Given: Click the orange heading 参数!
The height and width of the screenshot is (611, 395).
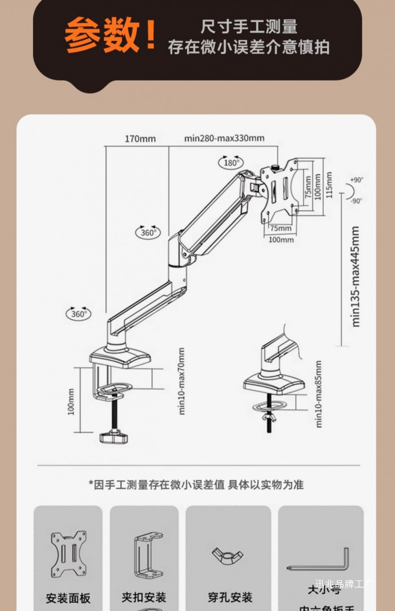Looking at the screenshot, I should [110, 35].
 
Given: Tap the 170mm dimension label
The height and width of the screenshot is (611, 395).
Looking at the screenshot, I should [140, 139].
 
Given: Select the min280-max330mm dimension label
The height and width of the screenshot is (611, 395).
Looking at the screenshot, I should [224, 138].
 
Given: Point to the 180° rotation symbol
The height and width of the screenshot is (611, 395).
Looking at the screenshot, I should [231, 162].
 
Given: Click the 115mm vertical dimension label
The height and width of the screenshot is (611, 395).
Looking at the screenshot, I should [329, 185].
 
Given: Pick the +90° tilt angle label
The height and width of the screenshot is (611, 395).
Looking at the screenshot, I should [357, 180].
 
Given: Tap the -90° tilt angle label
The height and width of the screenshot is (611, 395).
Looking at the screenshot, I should [357, 200].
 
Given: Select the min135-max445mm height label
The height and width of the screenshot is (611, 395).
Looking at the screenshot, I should [355, 277].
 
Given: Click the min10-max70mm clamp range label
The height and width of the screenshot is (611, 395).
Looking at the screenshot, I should [182, 381].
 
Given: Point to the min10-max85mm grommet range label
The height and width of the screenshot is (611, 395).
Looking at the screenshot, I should [318, 394].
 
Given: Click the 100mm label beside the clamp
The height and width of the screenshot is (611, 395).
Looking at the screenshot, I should [71, 402].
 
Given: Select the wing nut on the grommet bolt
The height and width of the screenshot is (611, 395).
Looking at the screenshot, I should [269, 417].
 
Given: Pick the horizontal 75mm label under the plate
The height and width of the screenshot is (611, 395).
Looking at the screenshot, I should [280, 228].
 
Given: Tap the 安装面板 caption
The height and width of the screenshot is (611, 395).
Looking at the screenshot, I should [68, 598].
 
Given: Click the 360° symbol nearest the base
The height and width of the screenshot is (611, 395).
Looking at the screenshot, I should [78, 314].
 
